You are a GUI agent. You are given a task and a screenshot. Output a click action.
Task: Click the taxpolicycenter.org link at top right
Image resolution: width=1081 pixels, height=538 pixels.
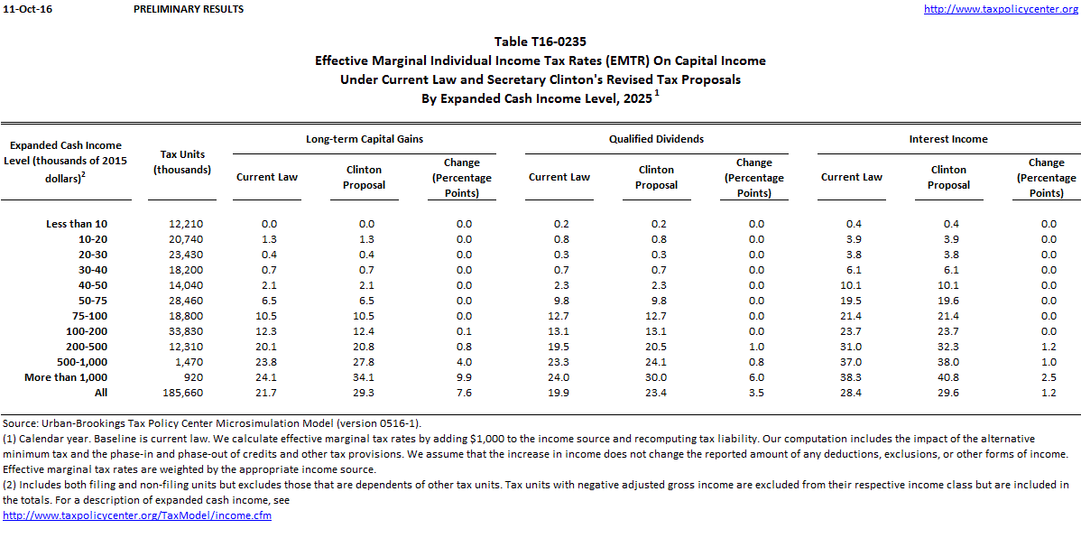tap(1002, 9)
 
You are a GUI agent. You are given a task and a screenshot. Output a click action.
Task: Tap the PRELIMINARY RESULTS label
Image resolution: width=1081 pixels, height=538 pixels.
tap(188, 9)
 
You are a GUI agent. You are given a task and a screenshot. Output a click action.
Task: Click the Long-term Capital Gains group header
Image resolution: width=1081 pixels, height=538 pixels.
tap(365, 139)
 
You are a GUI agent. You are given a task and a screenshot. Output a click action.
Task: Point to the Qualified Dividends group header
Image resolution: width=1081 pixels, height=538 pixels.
tap(656, 139)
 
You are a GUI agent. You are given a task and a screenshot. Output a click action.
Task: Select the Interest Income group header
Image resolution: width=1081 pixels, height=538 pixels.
tap(948, 139)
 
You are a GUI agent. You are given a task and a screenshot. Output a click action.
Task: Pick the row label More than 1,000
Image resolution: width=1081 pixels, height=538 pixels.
tap(67, 377)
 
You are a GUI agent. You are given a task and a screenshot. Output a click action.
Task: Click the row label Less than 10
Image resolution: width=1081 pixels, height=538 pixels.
tap(77, 223)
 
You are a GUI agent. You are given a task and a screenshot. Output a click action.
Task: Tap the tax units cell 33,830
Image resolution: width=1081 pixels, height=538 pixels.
tap(185, 331)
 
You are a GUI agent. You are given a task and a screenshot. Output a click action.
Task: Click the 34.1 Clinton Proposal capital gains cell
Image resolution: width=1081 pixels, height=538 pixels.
tap(365, 377)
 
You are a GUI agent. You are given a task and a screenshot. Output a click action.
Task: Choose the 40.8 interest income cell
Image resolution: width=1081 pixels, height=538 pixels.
tap(948, 377)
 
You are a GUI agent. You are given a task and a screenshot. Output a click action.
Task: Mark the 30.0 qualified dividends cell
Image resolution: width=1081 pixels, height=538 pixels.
tap(656, 377)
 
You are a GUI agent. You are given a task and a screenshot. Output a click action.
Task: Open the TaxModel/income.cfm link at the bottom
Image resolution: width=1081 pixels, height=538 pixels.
tap(137, 515)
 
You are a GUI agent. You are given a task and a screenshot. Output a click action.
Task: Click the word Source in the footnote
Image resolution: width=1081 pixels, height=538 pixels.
tap(21, 423)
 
